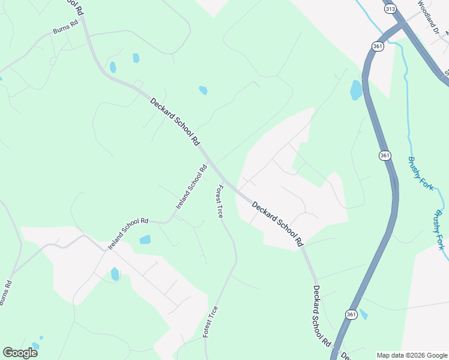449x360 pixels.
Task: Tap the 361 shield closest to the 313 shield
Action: [x=378, y=46]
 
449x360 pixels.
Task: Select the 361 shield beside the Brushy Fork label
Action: [x=385, y=155]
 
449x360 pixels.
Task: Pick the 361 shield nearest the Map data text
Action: [x=351, y=314]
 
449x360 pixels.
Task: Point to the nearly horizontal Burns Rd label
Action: [x=65, y=28]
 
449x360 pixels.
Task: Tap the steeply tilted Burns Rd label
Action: [x=6, y=293]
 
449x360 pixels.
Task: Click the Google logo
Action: [x=20, y=352]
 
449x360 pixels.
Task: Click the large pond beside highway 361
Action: [x=356, y=90]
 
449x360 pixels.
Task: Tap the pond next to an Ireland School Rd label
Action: [x=145, y=239]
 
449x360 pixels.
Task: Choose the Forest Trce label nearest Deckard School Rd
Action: [x=219, y=201]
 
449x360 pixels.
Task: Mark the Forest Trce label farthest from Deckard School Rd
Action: [x=210, y=322]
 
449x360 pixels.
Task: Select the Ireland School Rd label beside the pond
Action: [x=127, y=233]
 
